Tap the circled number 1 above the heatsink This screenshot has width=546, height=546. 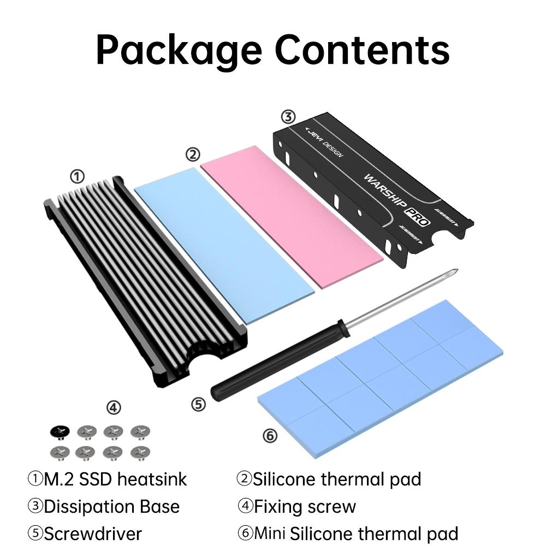click(78, 176)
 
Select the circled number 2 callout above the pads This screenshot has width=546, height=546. click(192, 155)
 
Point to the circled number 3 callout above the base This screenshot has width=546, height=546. click(288, 117)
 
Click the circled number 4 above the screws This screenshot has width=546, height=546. click(113, 407)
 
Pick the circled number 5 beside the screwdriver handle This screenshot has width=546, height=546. click(199, 405)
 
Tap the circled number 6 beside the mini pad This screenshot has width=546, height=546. click(270, 436)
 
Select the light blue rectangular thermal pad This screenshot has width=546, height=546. click(216, 243)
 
